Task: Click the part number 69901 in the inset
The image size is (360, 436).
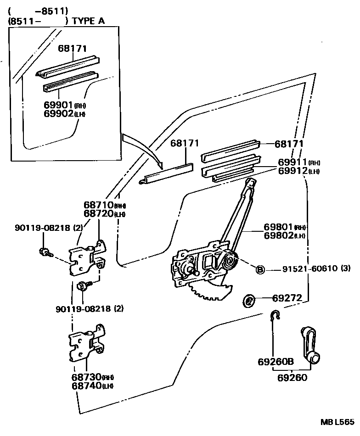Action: [57, 106]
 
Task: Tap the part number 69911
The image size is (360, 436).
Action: [292, 162]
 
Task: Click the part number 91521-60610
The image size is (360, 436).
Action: [307, 269]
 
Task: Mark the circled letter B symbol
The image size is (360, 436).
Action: [260, 269]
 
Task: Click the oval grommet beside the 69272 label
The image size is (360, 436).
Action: [249, 301]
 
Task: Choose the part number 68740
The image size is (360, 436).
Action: [86, 386]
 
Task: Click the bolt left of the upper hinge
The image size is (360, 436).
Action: [45, 251]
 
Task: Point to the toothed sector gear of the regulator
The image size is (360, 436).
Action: [211, 290]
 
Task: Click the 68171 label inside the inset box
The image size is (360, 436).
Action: [73, 48]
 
